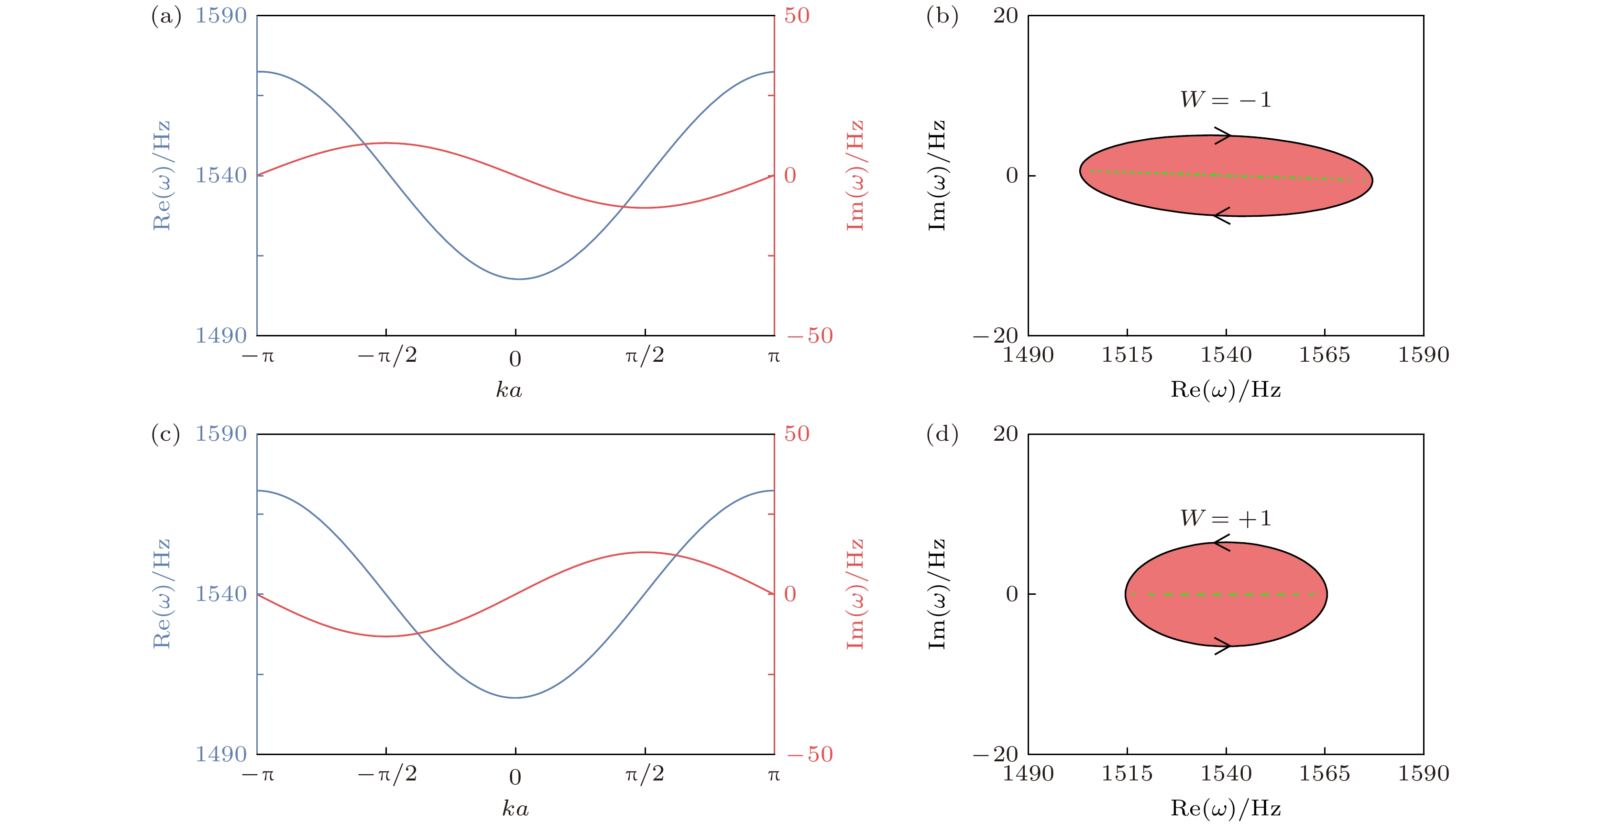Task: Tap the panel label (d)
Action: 942,434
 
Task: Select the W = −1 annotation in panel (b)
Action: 1226,100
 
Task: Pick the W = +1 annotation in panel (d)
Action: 1226,518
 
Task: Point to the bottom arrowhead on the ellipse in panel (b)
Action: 1222,216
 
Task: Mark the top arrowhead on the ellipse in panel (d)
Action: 1222,543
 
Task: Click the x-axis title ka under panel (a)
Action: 509,390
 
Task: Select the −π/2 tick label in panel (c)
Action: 387,774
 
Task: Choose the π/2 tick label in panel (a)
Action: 645,356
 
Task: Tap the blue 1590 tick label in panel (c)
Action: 221,434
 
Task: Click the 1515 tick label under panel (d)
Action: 1127,774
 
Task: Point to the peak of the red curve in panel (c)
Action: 645,552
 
